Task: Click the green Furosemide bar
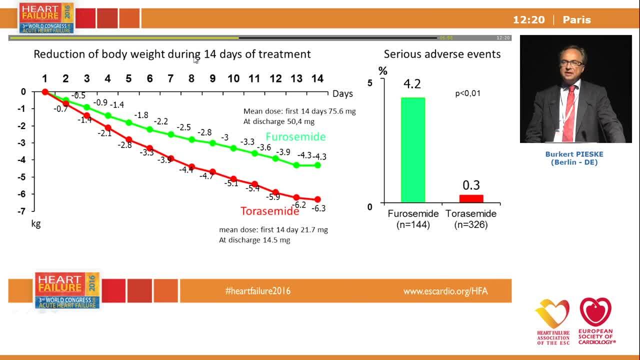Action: coord(412,149)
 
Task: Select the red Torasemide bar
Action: coord(471,198)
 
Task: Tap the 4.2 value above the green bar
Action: coord(412,84)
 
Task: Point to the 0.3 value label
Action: coord(471,185)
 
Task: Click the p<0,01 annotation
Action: coord(467,93)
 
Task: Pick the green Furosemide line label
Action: coord(295,136)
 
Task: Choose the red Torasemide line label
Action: coord(269,211)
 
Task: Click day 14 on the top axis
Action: coord(317,78)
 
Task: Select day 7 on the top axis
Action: coord(170,78)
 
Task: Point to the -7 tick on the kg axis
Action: coord(22,211)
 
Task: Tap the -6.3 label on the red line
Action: coord(318,208)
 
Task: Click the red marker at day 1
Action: coord(45,92)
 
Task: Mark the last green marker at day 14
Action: coord(317,165)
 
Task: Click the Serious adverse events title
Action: coord(442,54)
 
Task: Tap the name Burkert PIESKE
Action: coord(574,154)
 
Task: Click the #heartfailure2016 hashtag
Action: coord(257,291)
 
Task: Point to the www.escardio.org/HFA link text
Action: coord(445,291)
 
